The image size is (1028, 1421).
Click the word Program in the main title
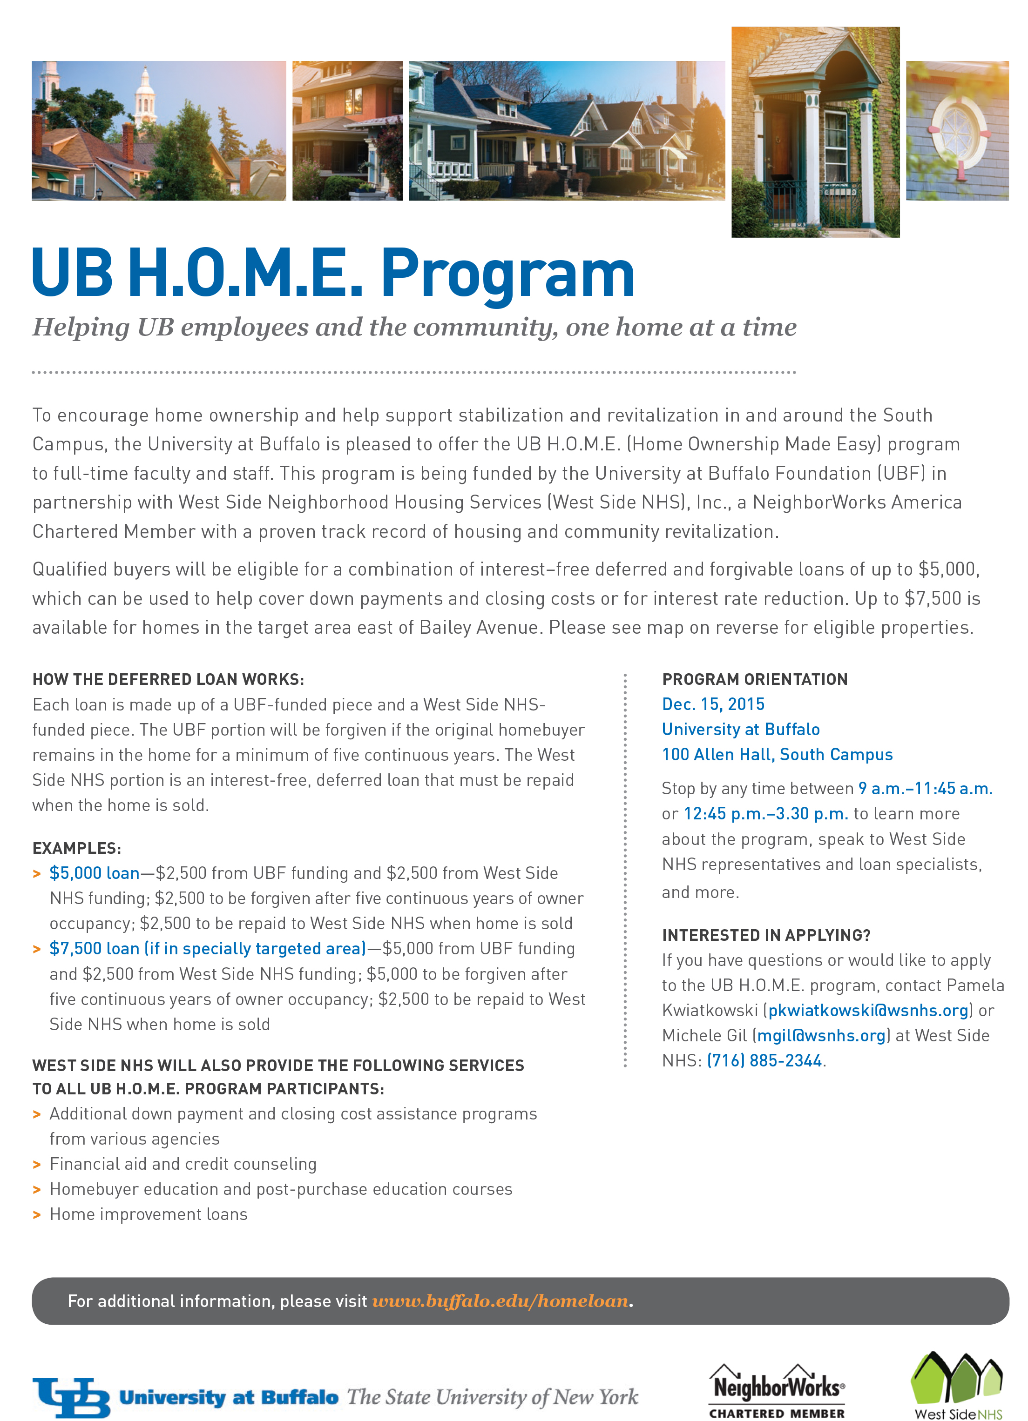pyautogui.click(x=508, y=273)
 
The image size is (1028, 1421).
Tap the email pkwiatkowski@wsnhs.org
pyautogui.click(x=868, y=1011)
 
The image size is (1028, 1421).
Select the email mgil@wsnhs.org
pyautogui.click(x=821, y=1036)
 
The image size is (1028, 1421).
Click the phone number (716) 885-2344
pyautogui.click(x=764, y=1061)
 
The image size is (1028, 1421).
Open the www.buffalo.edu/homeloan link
pyautogui.click(x=500, y=1301)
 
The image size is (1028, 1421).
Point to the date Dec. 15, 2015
pyautogui.click(x=713, y=704)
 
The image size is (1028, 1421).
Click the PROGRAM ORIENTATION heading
pyautogui.click(x=755, y=679)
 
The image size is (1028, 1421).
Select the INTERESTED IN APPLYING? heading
pyautogui.click(x=766, y=935)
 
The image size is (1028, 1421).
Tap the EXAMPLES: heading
pyautogui.click(x=76, y=848)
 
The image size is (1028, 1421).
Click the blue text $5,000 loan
pyautogui.click(x=95, y=873)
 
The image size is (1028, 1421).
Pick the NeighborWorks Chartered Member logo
pyautogui.click(x=777, y=1390)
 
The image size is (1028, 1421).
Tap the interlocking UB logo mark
pyautogui.click(x=71, y=1397)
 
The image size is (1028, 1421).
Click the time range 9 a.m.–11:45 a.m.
pyautogui.click(x=925, y=789)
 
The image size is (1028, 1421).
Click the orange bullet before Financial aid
pyautogui.click(x=37, y=1165)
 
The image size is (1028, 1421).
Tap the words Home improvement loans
pyautogui.click(x=149, y=1214)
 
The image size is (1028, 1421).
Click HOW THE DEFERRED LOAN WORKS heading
pyautogui.click(x=168, y=679)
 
